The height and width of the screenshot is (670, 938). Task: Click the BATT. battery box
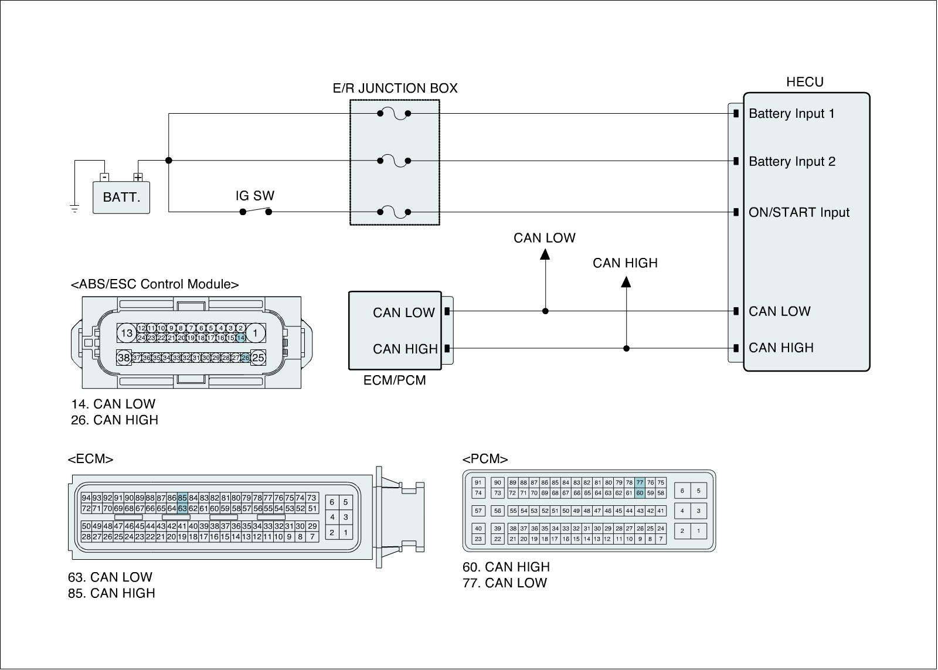[121, 197]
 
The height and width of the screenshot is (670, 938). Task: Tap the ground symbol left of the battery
[74, 208]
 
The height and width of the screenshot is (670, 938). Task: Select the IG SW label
[255, 196]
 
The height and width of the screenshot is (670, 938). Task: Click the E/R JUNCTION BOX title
[395, 89]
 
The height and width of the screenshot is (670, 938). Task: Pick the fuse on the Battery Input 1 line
[394, 114]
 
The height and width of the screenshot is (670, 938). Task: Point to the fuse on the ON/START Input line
[394, 212]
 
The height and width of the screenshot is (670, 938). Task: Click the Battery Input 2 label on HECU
[791, 162]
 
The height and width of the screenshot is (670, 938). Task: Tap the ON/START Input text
[798, 213]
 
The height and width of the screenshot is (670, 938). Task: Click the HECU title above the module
[804, 82]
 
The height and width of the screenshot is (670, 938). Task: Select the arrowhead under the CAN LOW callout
[545, 254]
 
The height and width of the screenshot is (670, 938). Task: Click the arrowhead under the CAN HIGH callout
[626, 282]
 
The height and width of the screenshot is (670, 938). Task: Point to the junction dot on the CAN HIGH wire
[626, 348]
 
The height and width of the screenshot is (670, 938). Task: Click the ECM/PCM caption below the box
[395, 380]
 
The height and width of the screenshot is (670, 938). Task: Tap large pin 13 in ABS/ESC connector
[127, 334]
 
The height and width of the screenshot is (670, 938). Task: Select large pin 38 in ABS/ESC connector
[124, 358]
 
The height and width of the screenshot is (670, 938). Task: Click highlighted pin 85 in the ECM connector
[182, 498]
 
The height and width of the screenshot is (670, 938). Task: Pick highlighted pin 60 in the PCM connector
[640, 493]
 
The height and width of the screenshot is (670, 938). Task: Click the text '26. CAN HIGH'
[114, 420]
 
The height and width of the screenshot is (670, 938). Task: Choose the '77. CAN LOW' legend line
[504, 583]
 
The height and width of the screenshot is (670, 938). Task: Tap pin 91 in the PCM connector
[478, 483]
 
